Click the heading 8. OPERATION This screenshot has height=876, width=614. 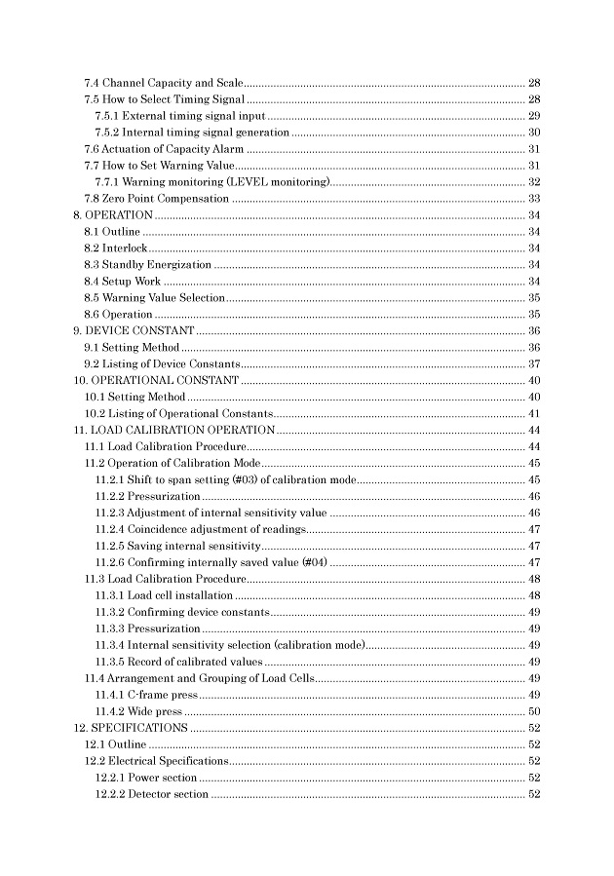point(113,214)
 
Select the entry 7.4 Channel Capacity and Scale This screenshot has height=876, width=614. point(161,82)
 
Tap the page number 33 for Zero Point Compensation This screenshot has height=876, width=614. point(534,198)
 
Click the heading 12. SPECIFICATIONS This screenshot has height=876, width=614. point(132,728)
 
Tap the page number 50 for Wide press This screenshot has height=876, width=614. point(534,711)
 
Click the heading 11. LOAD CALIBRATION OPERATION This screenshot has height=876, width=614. point(174,430)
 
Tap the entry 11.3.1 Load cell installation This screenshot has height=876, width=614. point(164,595)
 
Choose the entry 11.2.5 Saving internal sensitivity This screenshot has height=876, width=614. point(177,546)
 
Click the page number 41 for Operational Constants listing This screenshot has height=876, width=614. point(534,413)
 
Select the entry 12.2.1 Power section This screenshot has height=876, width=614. point(146,778)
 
